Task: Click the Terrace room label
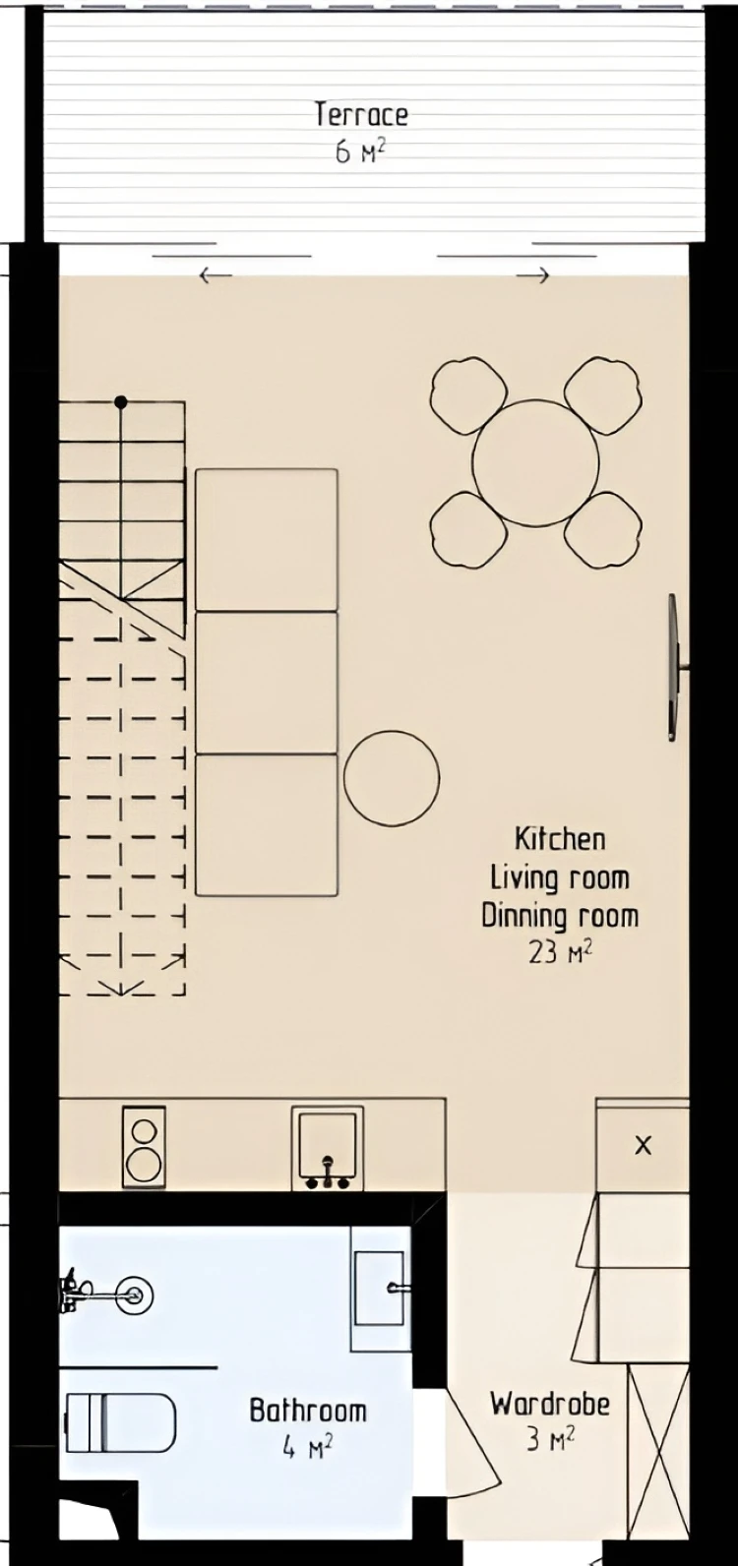pyautogui.click(x=360, y=115)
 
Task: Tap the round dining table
pyautogui.click(x=536, y=462)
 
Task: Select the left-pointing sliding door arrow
pyautogui.click(x=215, y=275)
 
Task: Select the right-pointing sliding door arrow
pyautogui.click(x=533, y=275)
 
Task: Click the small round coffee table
pyautogui.click(x=392, y=776)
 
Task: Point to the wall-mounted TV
pyautogui.click(x=674, y=667)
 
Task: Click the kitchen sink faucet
pyautogui.click(x=328, y=1173)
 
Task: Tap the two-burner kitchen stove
pyautogui.click(x=144, y=1147)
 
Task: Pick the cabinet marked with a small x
pyautogui.click(x=643, y=1145)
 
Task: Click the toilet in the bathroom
pyautogui.click(x=120, y=1422)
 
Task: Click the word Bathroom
pyautogui.click(x=308, y=1411)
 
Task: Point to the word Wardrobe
pyautogui.click(x=550, y=1404)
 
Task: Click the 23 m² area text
pyautogui.click(x=560, y=953)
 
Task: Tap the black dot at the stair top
pyautogui.click(x=121, y=402)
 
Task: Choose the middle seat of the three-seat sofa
pyautogui.click(x=267, y=683)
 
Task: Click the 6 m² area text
pyautogui.click(x=360, y=151)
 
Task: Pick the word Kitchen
pyautogui.click(x=560, y=839)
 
